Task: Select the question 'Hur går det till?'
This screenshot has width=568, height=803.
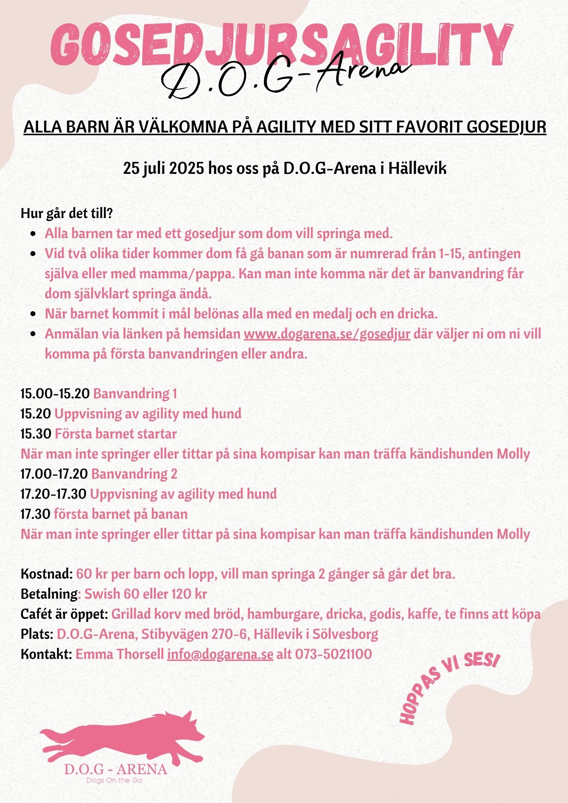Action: (66, 214)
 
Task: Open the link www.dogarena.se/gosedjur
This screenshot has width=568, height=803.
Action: (327, 334)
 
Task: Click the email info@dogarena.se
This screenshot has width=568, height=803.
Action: (220, 654)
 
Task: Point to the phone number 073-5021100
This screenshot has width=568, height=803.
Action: (333, 654)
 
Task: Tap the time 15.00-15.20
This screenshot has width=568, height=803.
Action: (55, 393)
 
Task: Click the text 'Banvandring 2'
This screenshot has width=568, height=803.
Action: (134, 474)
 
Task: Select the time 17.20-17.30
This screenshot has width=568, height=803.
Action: (53, 494)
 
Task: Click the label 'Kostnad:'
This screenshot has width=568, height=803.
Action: (47, 574)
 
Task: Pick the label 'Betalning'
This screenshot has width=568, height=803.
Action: (49, 594)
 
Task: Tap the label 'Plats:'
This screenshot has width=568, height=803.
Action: (37, 634)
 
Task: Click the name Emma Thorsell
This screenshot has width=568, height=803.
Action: (120, 654)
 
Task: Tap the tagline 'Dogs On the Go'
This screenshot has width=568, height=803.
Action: (114, 780)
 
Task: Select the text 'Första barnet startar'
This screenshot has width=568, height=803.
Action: (116, 434)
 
